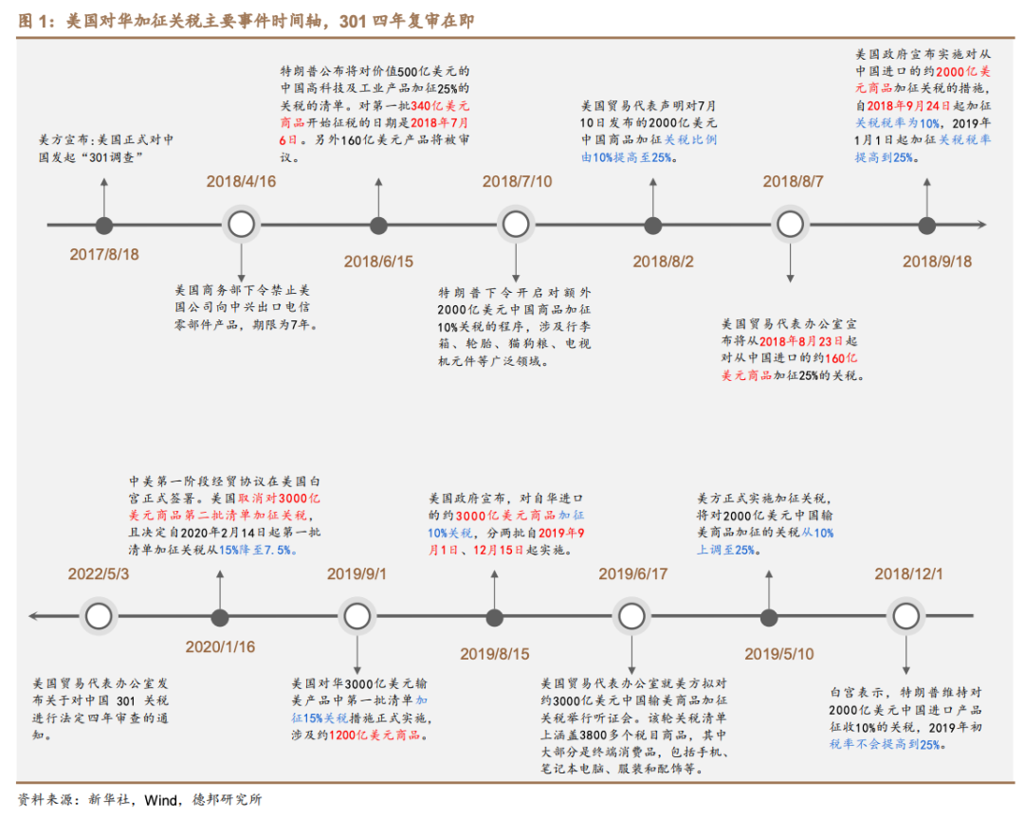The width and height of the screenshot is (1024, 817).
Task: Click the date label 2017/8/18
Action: [x=104, y=254]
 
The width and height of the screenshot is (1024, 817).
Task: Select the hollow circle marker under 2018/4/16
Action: [x=242, y=225]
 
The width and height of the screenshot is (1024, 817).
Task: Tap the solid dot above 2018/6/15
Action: [x=378, y=225]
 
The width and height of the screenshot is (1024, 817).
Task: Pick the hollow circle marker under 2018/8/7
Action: [x=790, y=225]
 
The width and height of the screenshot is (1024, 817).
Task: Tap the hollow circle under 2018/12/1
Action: [x=907, y=617]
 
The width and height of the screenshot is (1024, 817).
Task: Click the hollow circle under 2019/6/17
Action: [x=632, y=617]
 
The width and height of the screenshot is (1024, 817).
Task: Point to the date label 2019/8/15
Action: [x=495, y=654]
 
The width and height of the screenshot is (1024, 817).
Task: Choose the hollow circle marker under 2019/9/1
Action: [x=357, y=617]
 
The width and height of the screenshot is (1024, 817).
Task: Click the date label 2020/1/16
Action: [x=220, y=647]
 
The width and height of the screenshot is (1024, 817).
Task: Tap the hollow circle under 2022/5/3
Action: [x=98, y=617]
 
